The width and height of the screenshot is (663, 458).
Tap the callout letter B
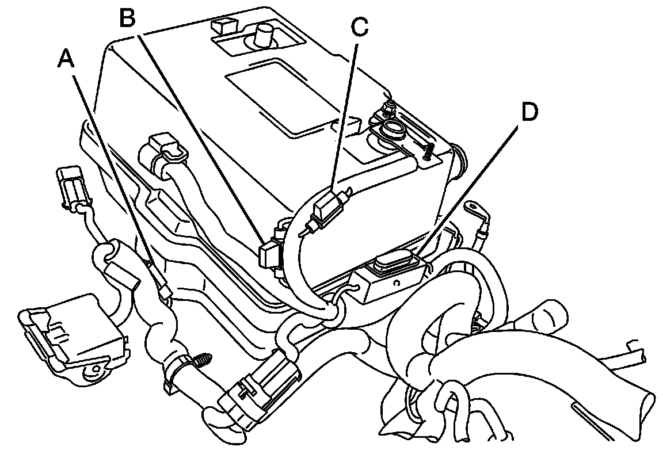(x=127, y=19)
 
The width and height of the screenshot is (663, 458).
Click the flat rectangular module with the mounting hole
(x=72, y=337)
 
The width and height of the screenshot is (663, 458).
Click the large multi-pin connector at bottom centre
(x=262, y=391)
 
